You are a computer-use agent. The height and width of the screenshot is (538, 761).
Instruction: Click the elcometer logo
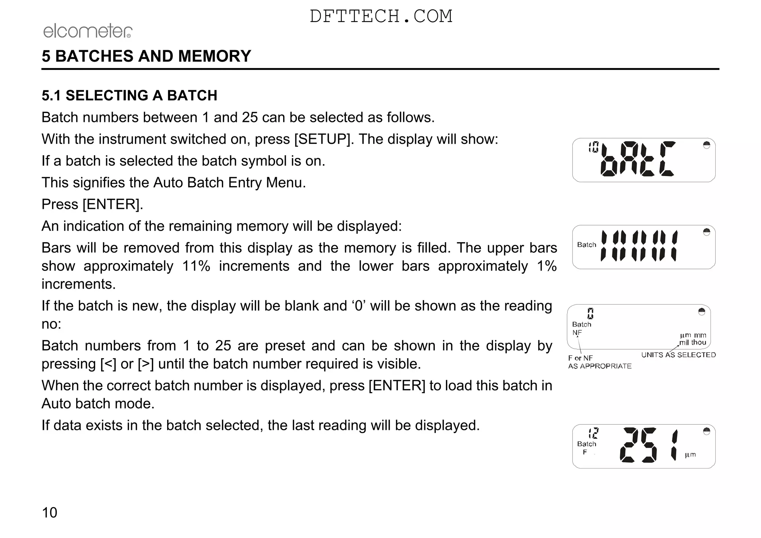pos(88,31)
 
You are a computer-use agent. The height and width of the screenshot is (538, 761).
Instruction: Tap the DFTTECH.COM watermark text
pos(381,16)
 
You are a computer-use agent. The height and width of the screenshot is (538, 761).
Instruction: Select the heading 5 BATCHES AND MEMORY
pos(146,56)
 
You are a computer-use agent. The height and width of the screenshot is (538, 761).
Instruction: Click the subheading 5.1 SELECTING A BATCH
pos(129,95)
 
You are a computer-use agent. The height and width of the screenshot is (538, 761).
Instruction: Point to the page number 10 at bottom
pos(49,513)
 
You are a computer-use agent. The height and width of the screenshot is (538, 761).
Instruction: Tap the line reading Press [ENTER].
pos(92,204)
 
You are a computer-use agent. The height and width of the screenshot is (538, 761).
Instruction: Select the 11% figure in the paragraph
pos(196,266)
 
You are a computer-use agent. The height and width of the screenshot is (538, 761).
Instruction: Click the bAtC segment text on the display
pos(638,159)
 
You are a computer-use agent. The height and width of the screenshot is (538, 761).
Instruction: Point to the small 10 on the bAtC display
pos(593,148)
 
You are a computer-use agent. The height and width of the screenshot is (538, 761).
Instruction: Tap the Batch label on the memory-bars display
pos(586,245)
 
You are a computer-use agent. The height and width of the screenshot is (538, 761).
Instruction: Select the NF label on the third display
pos(577,333)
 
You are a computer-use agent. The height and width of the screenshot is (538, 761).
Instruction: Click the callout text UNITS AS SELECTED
pos(679,355)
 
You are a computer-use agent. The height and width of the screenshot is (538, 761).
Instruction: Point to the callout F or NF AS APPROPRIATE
pos(599,362)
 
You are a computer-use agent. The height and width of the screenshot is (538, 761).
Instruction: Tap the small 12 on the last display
pos(593,433)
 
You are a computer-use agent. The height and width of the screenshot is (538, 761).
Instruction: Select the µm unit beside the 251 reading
pos(690,455)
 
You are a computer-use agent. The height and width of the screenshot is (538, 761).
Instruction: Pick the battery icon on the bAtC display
pos(706,145)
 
